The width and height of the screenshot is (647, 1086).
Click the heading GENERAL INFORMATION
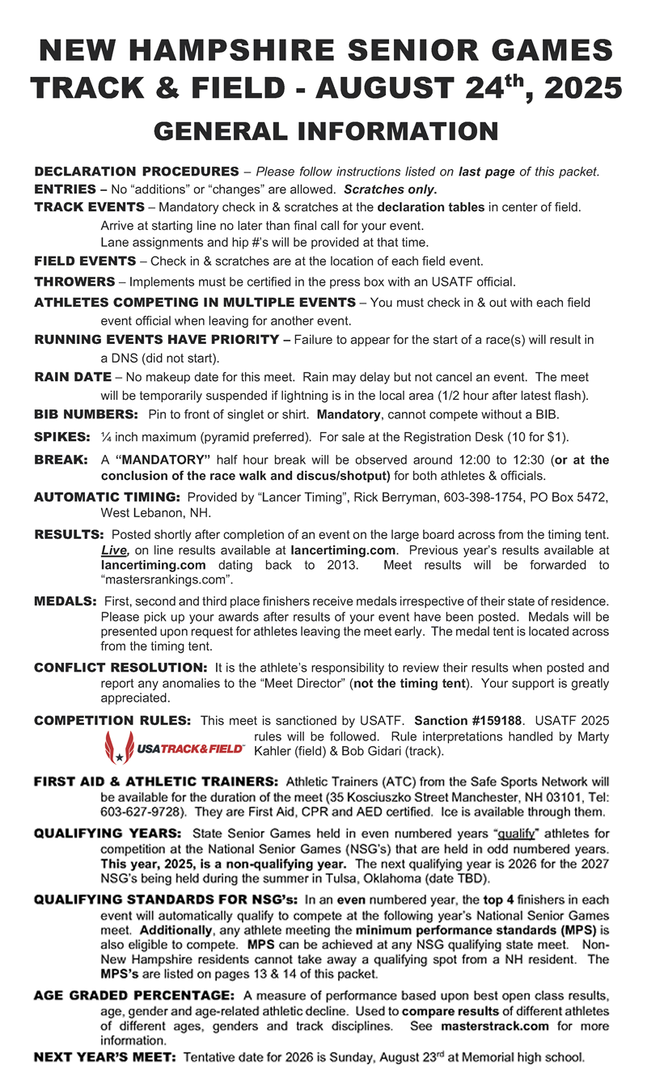326,131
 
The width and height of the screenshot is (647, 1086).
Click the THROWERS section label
74,282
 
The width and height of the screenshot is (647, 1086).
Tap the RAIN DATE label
73,377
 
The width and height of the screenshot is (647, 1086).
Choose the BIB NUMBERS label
86,414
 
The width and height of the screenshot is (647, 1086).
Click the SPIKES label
61,437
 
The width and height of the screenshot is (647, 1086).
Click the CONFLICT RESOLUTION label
121,668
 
